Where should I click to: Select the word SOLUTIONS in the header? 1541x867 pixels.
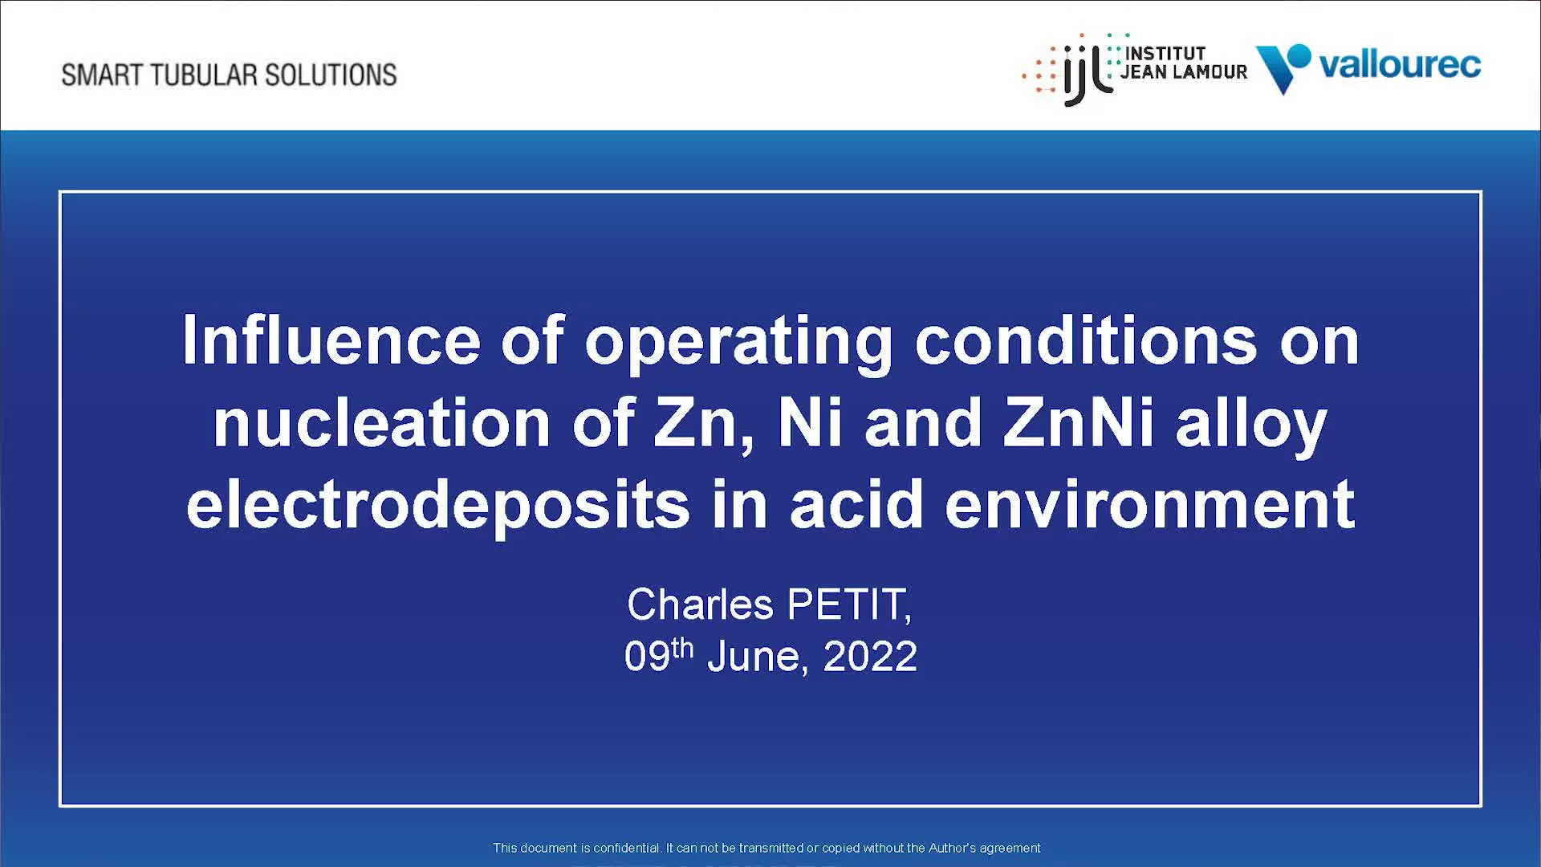coord(331,75)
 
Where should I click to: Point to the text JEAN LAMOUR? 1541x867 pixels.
coord(1184,71)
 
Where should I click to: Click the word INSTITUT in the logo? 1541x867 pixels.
coord(1165,53)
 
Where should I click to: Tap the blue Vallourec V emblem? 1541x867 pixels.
coord(1283,68)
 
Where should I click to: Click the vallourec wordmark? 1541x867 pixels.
coord(1400,64)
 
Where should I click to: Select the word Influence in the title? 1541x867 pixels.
coord(331,340)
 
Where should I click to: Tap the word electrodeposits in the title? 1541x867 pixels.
coord(438,506)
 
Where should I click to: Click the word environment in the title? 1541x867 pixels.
coord(1150,506)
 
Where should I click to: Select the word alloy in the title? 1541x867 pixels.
coord(1251,425)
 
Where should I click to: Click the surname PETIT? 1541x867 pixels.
coord(849,604)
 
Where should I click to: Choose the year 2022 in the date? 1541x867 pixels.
coord(870,657)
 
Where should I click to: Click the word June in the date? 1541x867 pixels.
coord(754,657)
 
